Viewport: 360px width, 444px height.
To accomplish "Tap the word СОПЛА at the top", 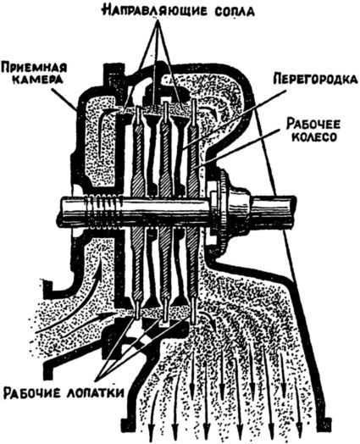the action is pyautogui.click(x=233, y=11).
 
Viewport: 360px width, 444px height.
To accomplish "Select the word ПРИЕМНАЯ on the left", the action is pyautogui.click(x=34, y=69).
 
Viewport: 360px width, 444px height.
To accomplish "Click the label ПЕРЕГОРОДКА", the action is pyautogui.click(x=315, y=79).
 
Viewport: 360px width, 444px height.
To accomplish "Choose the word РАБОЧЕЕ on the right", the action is pyautogui.click(x=313, y=124).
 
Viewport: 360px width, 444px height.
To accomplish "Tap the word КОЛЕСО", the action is pyautogui.click(x=314, y=136).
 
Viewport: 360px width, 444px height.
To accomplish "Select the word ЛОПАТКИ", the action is pyautogui.click(x=96, y=393).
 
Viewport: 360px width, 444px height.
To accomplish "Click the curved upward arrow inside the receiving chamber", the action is pyautogui.click(x=102, y=133).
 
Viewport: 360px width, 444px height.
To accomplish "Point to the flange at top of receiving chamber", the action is pyautogui.click(x=114, y=75).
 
